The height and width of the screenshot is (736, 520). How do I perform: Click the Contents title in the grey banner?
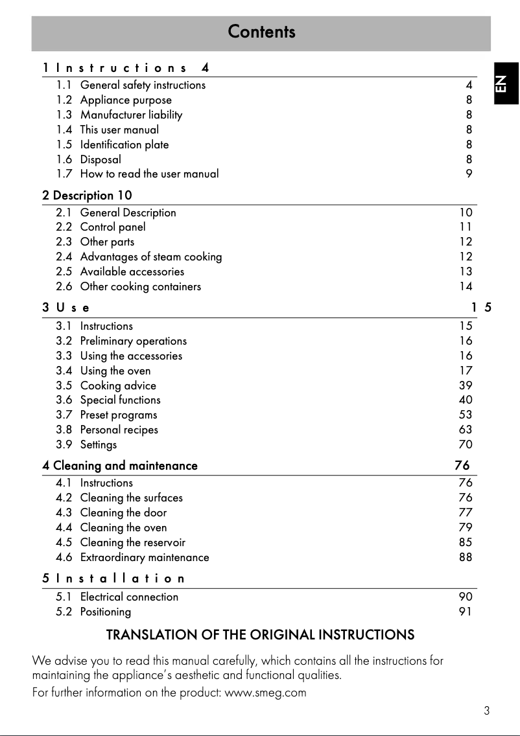[x=261, y=32]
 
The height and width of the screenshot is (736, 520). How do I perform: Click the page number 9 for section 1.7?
[x=469, y=174]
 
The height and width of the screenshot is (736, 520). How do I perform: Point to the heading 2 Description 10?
[x=88, y=195]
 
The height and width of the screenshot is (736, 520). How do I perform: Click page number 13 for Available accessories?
[x=466, y=271]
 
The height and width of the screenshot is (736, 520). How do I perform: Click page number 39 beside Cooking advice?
[x=466, y=385]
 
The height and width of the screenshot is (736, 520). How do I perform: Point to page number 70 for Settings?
[x=466, y=444]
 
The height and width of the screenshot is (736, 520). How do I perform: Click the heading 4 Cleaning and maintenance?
[x=120, y=465]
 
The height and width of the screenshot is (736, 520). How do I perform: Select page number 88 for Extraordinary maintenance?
[x=466, y=557]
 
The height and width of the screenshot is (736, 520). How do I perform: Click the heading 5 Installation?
[x=114, y=578]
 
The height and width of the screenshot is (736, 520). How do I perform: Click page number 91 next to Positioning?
[x=466, y=612]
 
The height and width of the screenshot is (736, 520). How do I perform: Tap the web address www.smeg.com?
[x=265, y=693]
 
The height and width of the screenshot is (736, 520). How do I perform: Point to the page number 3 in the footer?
[x=486, y=711]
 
